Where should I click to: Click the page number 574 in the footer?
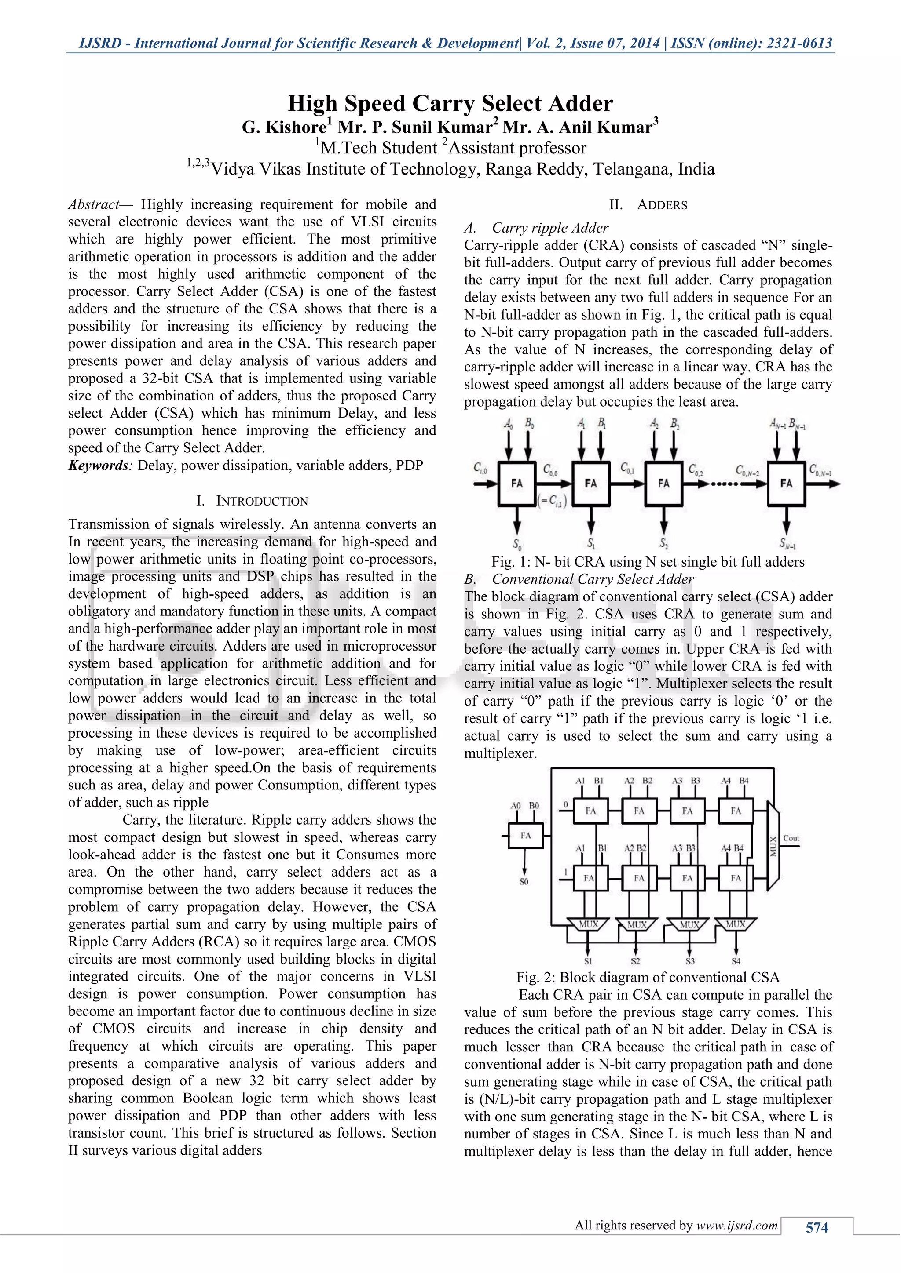coord(816,1228)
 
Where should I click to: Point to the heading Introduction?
coord(261,501)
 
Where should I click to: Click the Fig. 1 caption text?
coord(648,562)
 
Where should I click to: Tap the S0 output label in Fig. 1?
coord(516,543)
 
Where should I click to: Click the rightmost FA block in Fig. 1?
coord(786,484)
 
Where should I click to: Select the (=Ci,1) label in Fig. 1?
coord(552,502)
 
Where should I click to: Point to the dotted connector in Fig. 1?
coord(724,484)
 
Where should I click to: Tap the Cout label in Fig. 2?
coord(791,838)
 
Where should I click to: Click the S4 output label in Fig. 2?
coord(736,961)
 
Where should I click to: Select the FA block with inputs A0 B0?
coord(525,836)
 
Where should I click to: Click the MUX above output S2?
coord(636,924)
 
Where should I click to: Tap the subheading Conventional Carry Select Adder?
coord(592,579)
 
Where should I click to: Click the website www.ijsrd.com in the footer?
coord(737,1226)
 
